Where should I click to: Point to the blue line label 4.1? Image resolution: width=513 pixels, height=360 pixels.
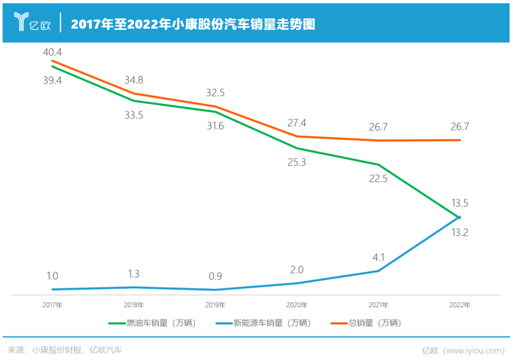[x=378, y=257]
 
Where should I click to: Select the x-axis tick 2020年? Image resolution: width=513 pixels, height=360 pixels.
[x=296, y=303]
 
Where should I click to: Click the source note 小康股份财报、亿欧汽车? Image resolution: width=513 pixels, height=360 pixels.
[x=76, y=350]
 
